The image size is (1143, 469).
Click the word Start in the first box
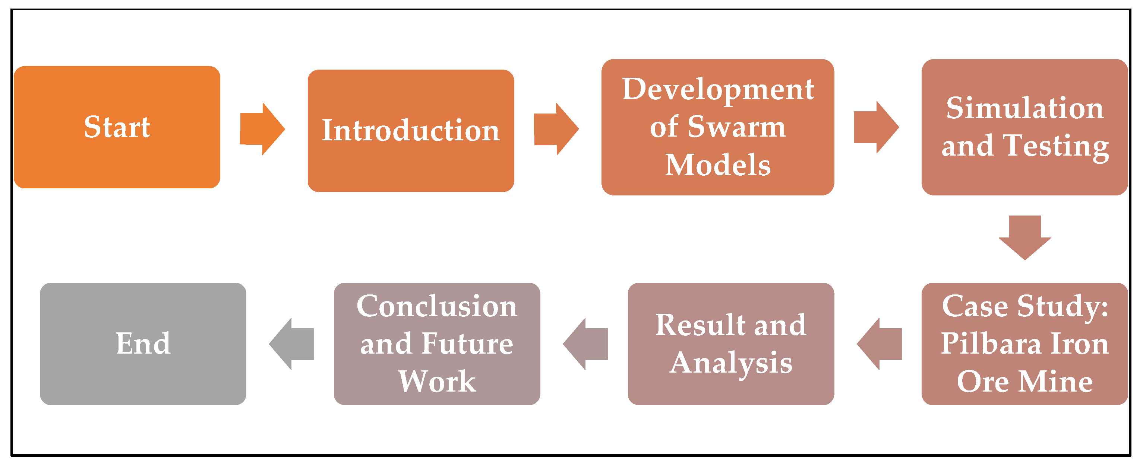(x=117, y=127)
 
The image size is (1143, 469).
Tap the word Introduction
(x=410, y=131)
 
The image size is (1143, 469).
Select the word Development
(x=718, y=90)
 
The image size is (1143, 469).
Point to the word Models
(x=718, y=165)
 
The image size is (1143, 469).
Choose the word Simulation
(x=1024, y=108)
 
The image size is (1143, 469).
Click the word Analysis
(x=731, y=363)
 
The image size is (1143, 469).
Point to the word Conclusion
(x=437, y=306)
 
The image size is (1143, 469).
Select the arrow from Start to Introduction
(x=262, y=129)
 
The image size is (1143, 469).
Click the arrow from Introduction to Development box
(x=556, y=129)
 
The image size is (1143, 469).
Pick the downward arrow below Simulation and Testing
(x=1024, y=237)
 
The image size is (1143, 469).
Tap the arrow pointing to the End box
(x=292, y=344)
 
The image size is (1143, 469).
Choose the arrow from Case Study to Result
(x=880, y=344)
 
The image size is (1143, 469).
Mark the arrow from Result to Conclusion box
(x=586, y=344)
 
